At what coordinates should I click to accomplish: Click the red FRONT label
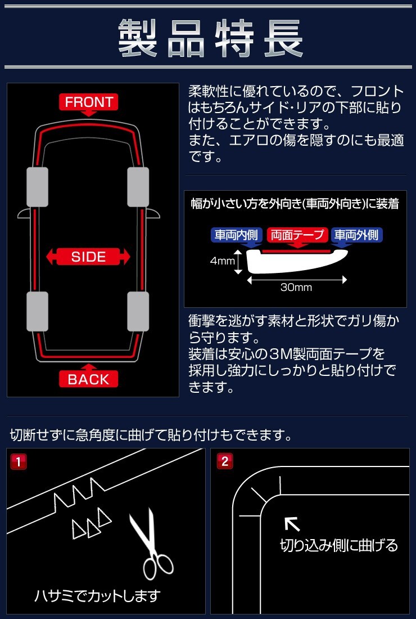coord(89,102)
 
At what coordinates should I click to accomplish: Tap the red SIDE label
coord(88,257)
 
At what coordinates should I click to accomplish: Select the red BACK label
coord(88,379)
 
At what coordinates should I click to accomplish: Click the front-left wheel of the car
coord(38,187)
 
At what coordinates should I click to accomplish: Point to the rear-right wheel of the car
coord(138,312)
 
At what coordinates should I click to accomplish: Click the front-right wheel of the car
coord(138,187)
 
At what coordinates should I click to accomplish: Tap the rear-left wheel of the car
coord(38,312)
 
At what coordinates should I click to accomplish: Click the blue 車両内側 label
coord(236,235)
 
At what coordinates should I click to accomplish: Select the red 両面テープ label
coord(297,235)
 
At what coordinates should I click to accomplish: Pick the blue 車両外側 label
coord(356,235)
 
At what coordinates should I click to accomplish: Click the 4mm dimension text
coord(223,261)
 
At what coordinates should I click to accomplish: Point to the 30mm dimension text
coord(296,287)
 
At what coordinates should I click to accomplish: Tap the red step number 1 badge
coord(19,461)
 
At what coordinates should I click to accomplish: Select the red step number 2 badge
coord(225,461)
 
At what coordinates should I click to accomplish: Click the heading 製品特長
coord(211,38)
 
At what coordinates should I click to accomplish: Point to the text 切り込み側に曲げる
coord(339,545)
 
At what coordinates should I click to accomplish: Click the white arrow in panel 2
coord(292,524)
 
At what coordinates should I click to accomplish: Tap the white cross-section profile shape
coord(298,261)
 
